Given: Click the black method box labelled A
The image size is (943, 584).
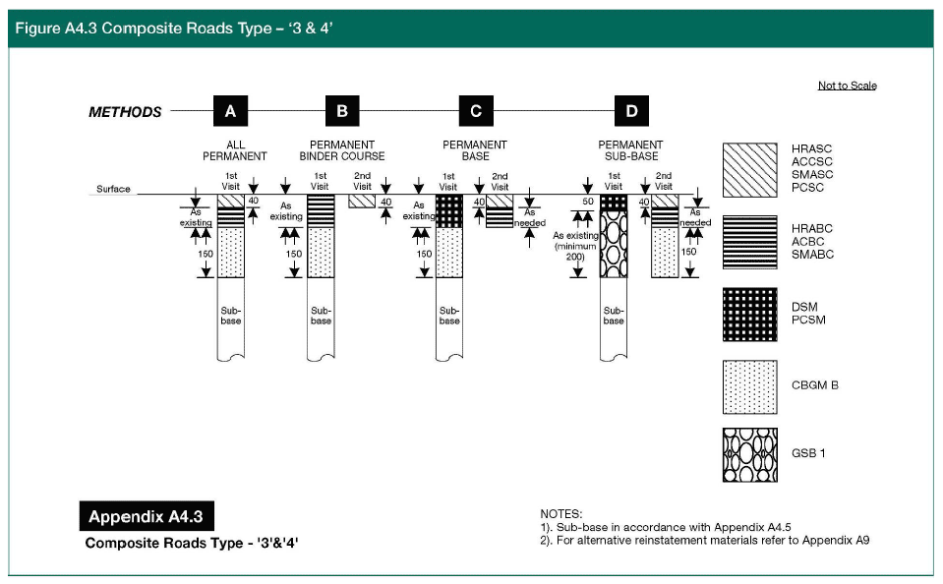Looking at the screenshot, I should click(229, 111).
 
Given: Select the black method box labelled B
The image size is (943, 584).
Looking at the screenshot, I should click(341, 111).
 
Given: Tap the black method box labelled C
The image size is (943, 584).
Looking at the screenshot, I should click(475, 111).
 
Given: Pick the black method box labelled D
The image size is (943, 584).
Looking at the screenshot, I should click(630, 111).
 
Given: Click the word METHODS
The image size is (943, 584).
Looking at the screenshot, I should click(125, 112).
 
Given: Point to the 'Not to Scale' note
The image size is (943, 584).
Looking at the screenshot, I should click(847, 86).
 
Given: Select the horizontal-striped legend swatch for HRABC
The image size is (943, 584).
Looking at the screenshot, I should click(749, 242).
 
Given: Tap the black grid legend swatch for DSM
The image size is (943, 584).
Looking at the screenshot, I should click(749, 314).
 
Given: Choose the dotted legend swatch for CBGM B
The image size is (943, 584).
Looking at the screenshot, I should click(749, 385).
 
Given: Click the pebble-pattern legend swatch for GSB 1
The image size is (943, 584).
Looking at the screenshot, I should click(749, 456).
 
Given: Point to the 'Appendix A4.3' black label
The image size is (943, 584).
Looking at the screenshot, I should click(145, 517).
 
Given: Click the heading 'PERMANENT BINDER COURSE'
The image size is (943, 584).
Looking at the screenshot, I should click(342, 150).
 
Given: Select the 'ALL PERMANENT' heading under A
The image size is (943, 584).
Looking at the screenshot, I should click(234, 150).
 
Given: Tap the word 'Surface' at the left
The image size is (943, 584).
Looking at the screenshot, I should click(113, 189).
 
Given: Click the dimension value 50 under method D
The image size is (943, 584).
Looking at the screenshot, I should click(587, 201).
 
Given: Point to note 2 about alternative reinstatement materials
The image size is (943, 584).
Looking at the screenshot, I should click(705, 540).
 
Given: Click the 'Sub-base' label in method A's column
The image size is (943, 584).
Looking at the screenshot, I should click(230, 315).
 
